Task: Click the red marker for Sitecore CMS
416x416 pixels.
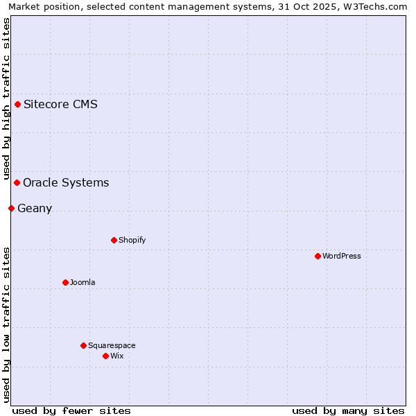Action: click(17, 105)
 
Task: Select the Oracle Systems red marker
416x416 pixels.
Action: click(17, 183)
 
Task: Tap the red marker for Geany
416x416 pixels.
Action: click(11, 209)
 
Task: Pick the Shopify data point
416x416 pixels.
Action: click(114, 241)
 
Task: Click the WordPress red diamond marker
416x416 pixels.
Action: click(318, 257)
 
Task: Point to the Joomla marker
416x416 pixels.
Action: click(65, 283)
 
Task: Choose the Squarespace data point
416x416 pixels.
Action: click(83, 346)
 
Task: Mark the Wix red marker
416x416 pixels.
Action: click(105, 356)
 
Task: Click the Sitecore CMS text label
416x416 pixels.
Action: click(60, 105)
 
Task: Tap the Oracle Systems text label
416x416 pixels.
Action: click(66, 183)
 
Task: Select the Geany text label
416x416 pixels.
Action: click(35, 209)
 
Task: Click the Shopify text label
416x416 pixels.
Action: click(132, 241)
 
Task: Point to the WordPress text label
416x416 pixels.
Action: click(342, 257)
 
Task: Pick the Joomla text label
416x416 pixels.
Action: click(83, 283)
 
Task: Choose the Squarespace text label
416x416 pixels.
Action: click(112, 346)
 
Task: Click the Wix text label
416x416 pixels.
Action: click(116, 356)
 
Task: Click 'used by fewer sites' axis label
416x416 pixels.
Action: click(71, 410)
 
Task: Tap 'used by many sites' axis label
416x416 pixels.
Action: click(348, 410)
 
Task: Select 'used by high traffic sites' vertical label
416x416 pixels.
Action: click(6, 97)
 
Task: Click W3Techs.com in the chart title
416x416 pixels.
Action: click(375, 6)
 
